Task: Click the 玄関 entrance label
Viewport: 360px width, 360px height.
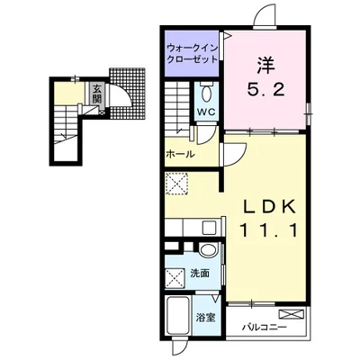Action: pyautogui.click(x=96, y=94)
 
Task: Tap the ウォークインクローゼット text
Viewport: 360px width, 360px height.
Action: pyautogui.click(x=192, y=53)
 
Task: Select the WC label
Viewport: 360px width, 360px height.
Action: pyautogui.click(x=206, y=112)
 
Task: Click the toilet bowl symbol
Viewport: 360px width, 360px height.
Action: pyautogui.click(x=206, y=94)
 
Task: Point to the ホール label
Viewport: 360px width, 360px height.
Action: pyautogui.click(x=180, y=155)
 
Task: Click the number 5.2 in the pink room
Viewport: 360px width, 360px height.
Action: pyautogui.click(x=265, y=89)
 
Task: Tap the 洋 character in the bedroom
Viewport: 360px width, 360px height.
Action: pyautogui.click(x=265, y=66)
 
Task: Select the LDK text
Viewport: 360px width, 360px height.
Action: pyautogui.click(x=269, y=207)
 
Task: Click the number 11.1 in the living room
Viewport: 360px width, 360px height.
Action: pyautogui.click(x=269, y=230)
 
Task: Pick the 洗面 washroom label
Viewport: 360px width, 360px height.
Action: pyautogui.click(x=200, y=274)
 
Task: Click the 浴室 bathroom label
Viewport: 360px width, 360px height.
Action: pyautogui.click(x=206, y=318)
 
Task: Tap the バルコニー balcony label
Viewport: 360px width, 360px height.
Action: pyautogui.click(x=265, y=327)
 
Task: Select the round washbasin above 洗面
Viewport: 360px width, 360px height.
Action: pyautogui.click(x=208, y=250)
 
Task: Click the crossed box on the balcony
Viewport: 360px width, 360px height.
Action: pyautogui.click(x=292, y=314)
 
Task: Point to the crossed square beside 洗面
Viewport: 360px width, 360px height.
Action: pyautogui.click(x=175, y=278)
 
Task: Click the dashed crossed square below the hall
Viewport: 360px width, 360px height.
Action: pyautogui.click(x=176, y=184)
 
